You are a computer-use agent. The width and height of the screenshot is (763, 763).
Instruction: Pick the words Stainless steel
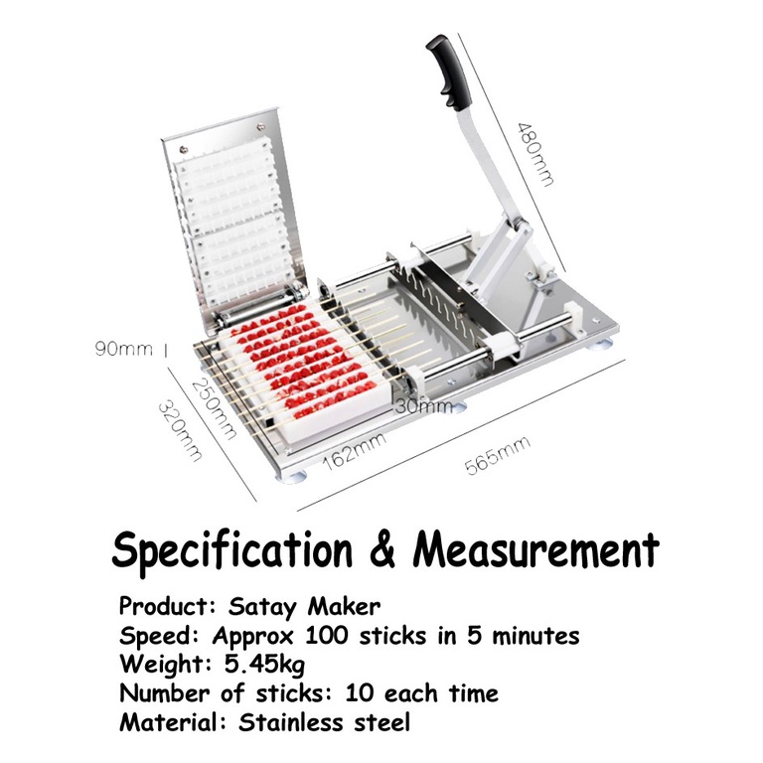click(x=324, y=722)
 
